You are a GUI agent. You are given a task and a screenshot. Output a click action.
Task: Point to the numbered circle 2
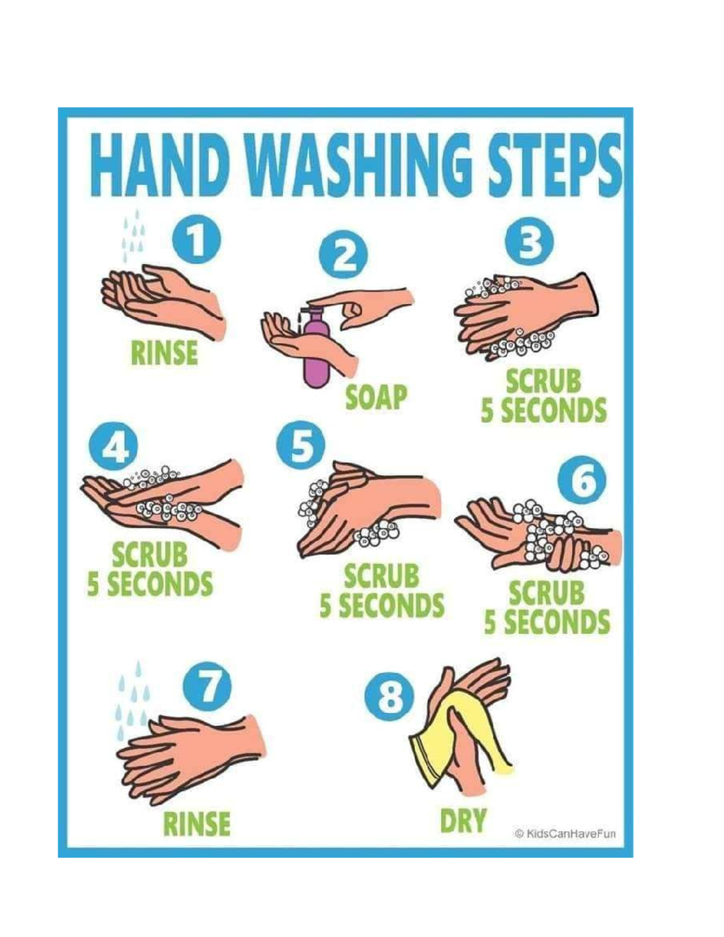tap(341, 258)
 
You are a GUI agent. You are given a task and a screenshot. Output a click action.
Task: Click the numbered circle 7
tap(208, 687)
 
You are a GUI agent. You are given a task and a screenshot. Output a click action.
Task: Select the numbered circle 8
tap(390, 696)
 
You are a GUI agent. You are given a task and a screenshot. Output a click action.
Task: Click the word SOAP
tap(376, 397)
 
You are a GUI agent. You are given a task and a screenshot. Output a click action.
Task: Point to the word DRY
tap(463, 821)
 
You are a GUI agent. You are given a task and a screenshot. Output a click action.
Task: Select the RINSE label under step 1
tap(164, 353)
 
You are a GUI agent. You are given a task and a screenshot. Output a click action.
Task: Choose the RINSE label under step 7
tap(197, 823)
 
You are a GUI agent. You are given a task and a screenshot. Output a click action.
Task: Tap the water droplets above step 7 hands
tap(133, 700)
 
